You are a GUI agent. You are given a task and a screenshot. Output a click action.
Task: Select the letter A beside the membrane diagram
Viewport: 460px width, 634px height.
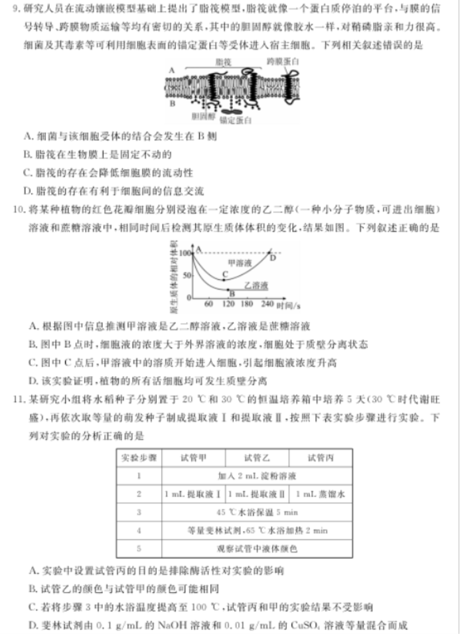click(172, 69)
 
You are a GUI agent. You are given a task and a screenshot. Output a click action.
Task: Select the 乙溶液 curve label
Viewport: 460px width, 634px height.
click(254, 285)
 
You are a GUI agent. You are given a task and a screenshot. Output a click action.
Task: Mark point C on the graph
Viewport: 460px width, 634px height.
click(224, 274)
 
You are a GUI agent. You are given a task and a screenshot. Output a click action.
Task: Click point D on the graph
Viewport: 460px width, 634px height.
click(273, 257)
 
